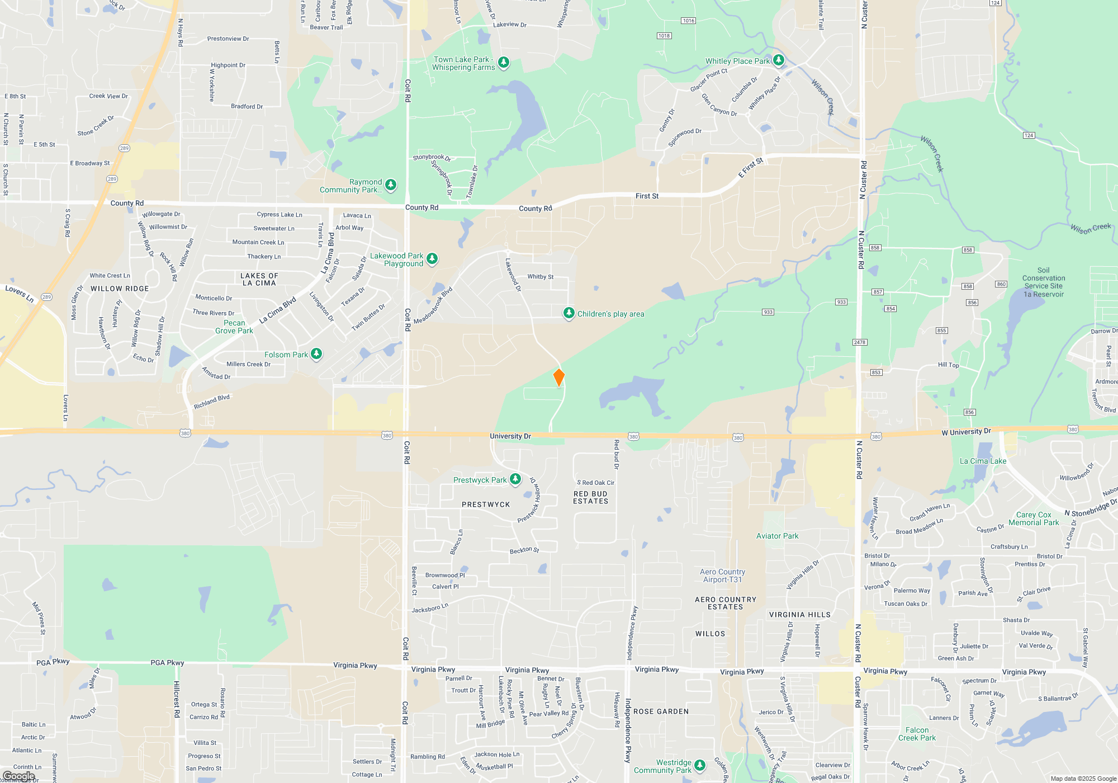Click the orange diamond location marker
[x=558, y=377]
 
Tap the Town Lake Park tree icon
[x=504, y=62]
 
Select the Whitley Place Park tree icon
[x=778, y=60]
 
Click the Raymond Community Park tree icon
[x=391, y=185]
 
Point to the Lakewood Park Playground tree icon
[x=432, y=258]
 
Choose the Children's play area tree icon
[x=569, y=313]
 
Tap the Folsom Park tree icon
[x=316, y=353]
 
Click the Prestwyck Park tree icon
[x=515, y=479]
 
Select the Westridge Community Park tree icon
[x=699, y=765]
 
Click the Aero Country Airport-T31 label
[x=722, y=576]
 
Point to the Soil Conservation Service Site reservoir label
[x=1043, y=282]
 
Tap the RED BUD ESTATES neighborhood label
[x=590, y=497]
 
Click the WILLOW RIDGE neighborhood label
[x=120, y=289]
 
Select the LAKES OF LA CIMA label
[x=259, y=279]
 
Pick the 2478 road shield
[x=859, y=342]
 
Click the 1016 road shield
[x=688, y=21]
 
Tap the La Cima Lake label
[x=983, y=461]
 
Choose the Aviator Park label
[x=777, y=536]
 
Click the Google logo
[x=18, y=776]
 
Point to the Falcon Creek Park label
[x=917, y=734]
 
